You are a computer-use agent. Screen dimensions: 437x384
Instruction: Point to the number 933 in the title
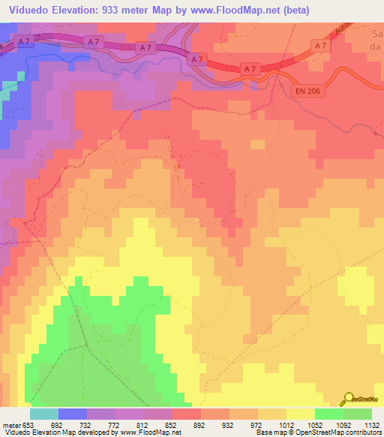pyautogui.click(x=115, y=8)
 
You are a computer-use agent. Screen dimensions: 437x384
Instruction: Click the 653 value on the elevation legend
pyautogui.click(x=28, y=424)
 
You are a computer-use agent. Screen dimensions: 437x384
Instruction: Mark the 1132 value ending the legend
pyautogui.click(x=370, y=424)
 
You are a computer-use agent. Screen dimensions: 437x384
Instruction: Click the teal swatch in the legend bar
pyautogui.click(x=44, y=414)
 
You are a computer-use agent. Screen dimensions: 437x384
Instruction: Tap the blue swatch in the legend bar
pyautogui.click(x=73, y=414)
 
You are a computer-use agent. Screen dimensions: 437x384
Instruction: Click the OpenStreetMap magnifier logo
pyautogui.click(x=349, y=399)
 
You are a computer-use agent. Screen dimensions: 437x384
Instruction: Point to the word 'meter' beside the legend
pyautogui.click(x=10, y=424)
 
